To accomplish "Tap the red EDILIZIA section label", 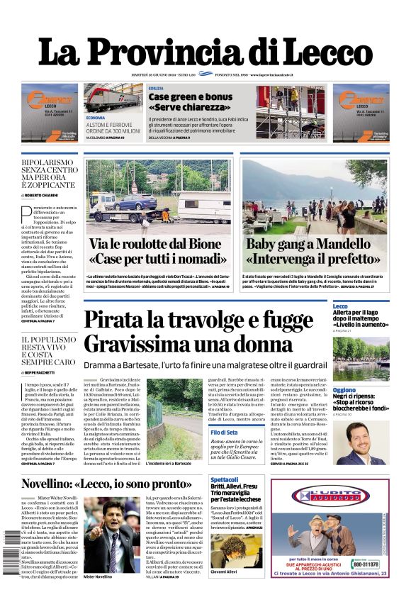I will tap(156, 89).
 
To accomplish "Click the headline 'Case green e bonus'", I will tap(190, 96).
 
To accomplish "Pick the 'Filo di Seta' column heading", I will tap(224, 432).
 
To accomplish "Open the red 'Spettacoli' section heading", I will tap(225, 479).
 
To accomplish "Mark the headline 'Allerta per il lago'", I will tap(359, 313).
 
